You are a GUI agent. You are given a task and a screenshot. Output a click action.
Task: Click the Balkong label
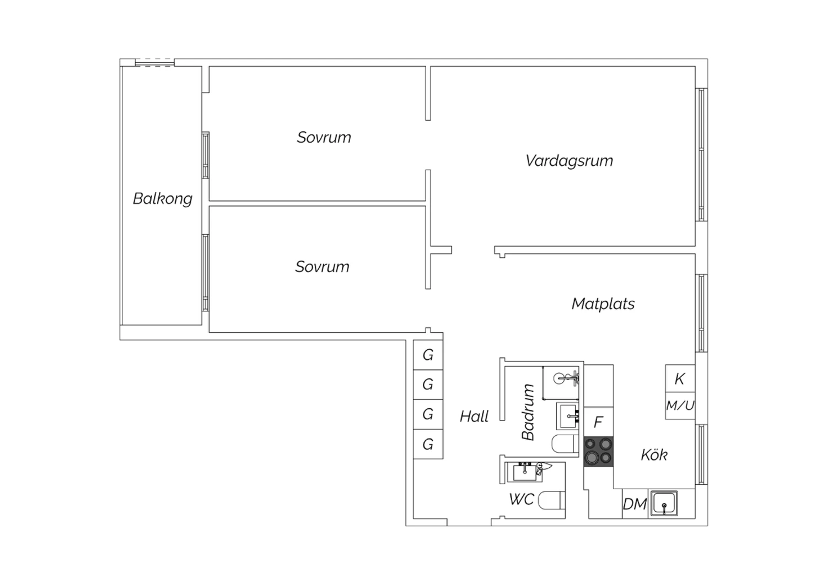click(x=163, y=199)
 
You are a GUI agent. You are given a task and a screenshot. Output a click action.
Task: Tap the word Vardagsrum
click(x=569, y=161)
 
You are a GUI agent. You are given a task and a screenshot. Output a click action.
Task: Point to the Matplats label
click(x=603, y=304)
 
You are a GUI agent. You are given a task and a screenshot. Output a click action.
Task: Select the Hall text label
click(x=474, y=417)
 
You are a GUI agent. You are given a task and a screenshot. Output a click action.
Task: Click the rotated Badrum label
click(x=528, y=412)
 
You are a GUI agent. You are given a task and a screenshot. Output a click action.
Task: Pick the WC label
click(x=522, y=500)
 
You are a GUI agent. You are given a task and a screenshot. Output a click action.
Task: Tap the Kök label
click(x=654, y=455)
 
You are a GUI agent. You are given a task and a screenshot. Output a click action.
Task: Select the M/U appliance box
click(x=680, y=405)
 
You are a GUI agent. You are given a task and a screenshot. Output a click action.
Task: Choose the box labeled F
click(x=598, y=421)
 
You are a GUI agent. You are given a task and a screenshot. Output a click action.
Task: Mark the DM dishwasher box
click(x=635, y=504)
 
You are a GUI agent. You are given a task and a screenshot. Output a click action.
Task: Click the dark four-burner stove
click(x=598, y=452)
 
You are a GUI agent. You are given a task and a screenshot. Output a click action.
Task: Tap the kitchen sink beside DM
click(x=664, y=503)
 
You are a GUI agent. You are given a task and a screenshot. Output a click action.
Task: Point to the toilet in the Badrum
click(x=565, y=444)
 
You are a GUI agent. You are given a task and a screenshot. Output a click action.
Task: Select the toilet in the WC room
click(x=551, y=501)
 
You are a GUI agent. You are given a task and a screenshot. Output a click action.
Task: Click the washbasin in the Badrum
click(x=568, y=416)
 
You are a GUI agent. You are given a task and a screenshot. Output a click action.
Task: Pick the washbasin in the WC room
click(x=525, y=472)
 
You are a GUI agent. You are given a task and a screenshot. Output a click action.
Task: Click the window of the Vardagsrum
click(x=701, y=155)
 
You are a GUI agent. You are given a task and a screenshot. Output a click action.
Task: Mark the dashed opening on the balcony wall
click(x=154, y=62)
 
